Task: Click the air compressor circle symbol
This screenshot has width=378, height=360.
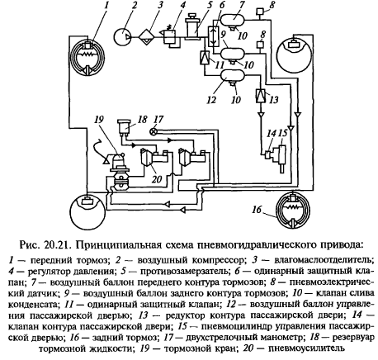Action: tap(123, 37)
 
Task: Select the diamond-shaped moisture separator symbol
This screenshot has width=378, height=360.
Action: tap(146, 37)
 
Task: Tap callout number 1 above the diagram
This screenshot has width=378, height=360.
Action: tap(106, 5)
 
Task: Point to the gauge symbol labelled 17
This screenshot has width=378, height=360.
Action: tap(153, 131)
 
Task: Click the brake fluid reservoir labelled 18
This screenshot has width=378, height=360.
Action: tap(124, 127)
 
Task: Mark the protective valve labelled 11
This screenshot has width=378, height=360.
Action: tap(205, 57)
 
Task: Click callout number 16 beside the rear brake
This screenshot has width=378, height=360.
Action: tap(257, 210)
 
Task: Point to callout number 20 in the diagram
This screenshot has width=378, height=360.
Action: tap(157, 179)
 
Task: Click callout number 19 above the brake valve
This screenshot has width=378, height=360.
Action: tap(98, 120)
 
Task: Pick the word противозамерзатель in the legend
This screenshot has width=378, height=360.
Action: tap(185, 272)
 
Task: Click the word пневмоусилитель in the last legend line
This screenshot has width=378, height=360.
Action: tap(306, 348)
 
